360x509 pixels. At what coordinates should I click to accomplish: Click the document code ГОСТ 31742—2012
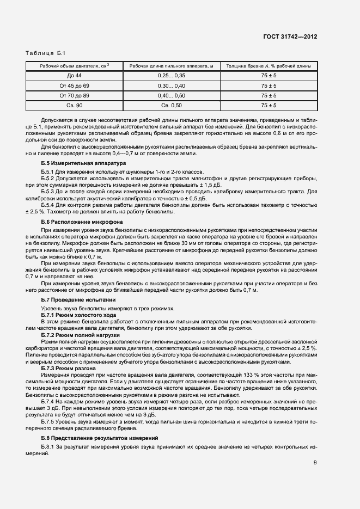291,36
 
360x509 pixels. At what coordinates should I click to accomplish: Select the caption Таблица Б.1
45,53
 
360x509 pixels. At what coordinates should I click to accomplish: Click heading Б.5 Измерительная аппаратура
83,163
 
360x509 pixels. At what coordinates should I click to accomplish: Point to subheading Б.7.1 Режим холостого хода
78,315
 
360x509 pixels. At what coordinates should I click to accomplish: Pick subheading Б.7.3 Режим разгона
69,369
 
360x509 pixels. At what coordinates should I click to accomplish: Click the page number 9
315,463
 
